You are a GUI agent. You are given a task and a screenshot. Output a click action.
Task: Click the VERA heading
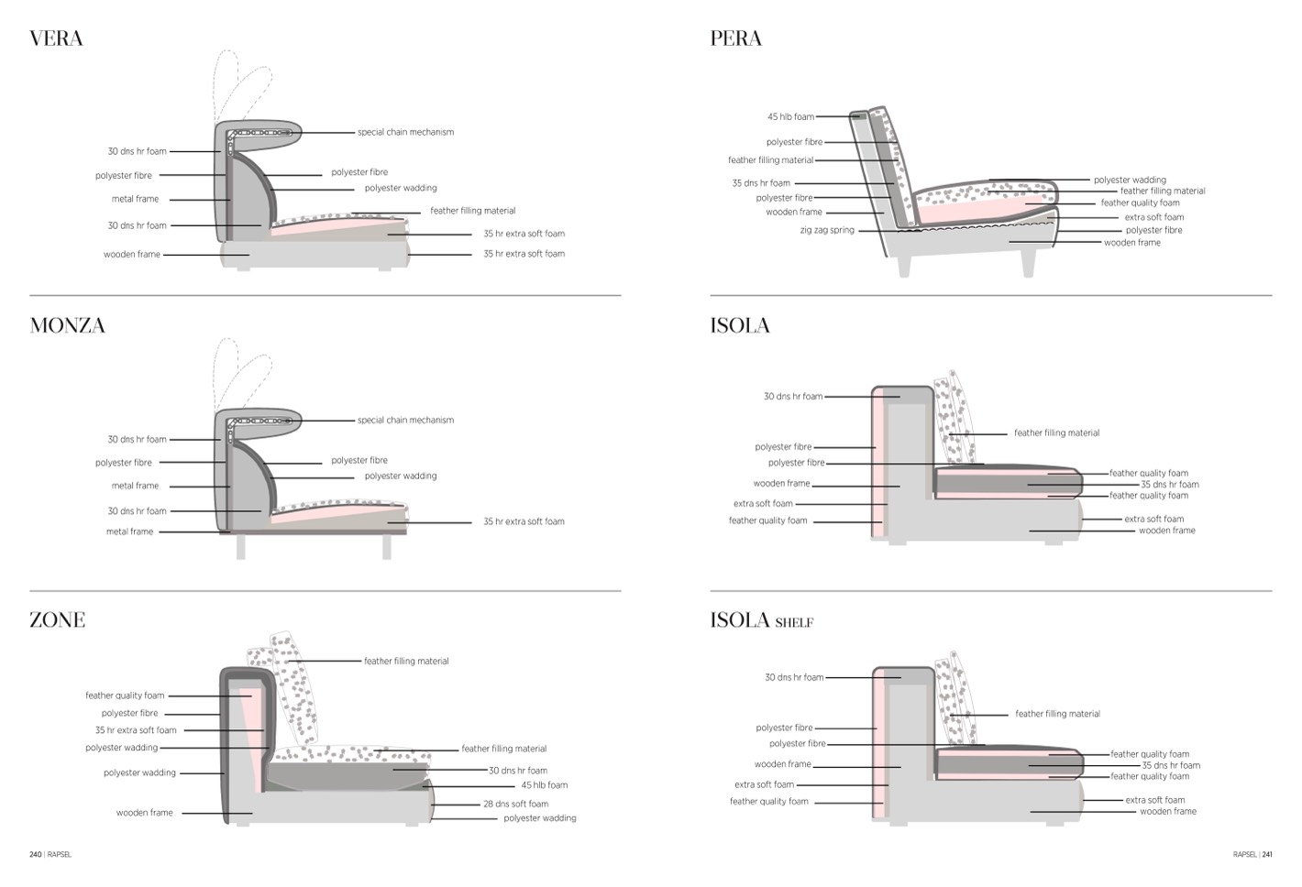[x=56, y=38]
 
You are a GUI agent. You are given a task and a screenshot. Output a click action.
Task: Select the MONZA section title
[x=67, y=326]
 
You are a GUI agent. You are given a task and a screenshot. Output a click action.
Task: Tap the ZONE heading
[x=57, y=620]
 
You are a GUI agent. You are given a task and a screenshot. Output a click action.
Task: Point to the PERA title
[x=735, y=38]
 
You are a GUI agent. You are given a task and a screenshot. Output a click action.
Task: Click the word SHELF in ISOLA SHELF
[x=794, y=623]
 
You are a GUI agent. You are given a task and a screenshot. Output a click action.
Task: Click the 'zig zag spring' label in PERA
[x=826, y=230]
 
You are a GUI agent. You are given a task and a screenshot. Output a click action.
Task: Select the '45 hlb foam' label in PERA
[x=790, y=117]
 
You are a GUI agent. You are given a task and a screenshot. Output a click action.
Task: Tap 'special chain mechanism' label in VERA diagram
[x=405, y=132]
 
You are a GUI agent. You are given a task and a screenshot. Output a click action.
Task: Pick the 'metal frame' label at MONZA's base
[x=129, y=531]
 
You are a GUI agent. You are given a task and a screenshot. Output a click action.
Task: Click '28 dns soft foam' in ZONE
[x=515, y=804]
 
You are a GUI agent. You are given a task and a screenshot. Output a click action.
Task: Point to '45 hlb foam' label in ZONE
[x=544, y=785]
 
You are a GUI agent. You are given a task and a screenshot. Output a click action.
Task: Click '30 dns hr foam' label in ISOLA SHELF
[x=794, y=678]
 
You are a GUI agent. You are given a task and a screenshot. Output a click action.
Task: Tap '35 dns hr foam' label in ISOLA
[x=1169, y=485]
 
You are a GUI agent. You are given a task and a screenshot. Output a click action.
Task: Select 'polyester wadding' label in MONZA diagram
[x=401, y=476]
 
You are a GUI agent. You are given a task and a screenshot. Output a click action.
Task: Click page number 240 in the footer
[x=35, y=855]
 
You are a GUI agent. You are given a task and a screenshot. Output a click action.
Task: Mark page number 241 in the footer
[x=1267, y=855]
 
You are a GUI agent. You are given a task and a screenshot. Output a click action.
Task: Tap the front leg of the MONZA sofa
[x=387, y=547]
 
